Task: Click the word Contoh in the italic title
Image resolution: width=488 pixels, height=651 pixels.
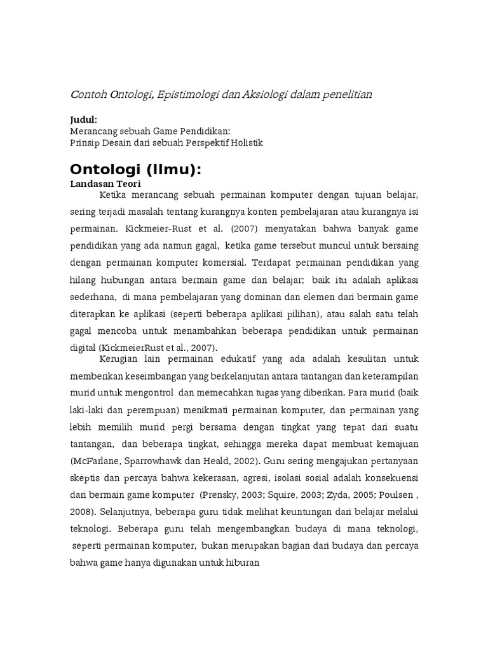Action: pyautogui.click(x=88, y=95)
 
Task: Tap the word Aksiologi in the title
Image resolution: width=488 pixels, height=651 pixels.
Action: pyautogui.click(x=266, y=95)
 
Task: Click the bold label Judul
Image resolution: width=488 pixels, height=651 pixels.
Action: pyautogui.click(x=83, y=120)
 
